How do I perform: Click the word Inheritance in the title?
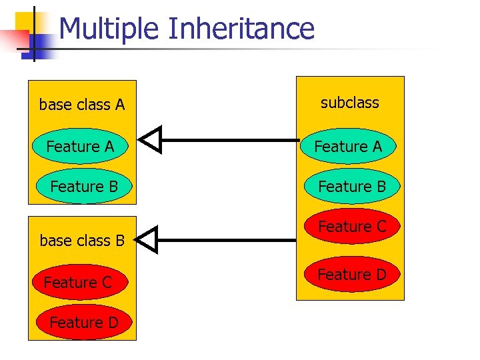click(241, 29)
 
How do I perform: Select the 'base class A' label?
click(82, 105)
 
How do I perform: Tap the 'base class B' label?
click(82, 241)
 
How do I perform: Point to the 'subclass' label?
click(349, 103)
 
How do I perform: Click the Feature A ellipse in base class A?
click(80, 147)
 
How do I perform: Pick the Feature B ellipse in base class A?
click(83, 187)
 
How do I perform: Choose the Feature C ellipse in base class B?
click(78, 283)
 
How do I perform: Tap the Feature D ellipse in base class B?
click(83, 323)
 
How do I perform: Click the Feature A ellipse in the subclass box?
click(348, 146)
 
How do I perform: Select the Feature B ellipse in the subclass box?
click(352, 187)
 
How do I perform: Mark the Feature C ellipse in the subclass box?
click(352, 227)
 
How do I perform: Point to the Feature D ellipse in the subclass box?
click(351, 274)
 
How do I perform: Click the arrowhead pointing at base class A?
click(151, 140)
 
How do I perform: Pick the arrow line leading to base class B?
click(227, 239)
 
